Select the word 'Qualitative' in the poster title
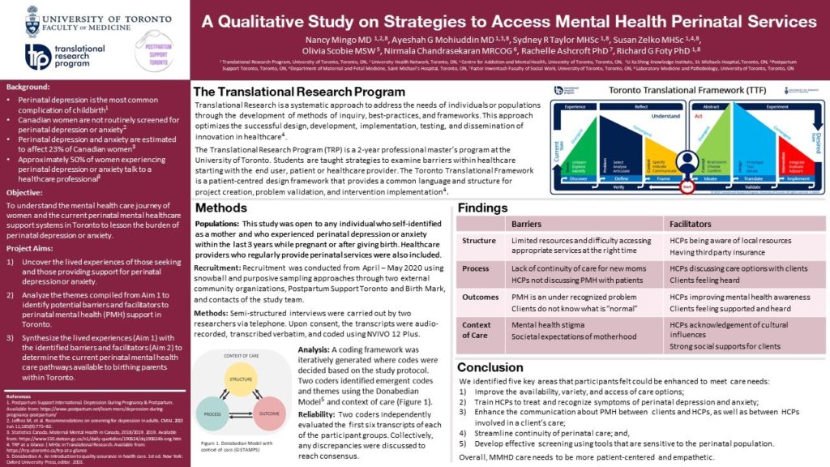[276, 20]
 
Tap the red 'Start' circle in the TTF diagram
[687, 186]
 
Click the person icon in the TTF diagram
[687, 159]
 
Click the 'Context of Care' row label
[476, 330]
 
